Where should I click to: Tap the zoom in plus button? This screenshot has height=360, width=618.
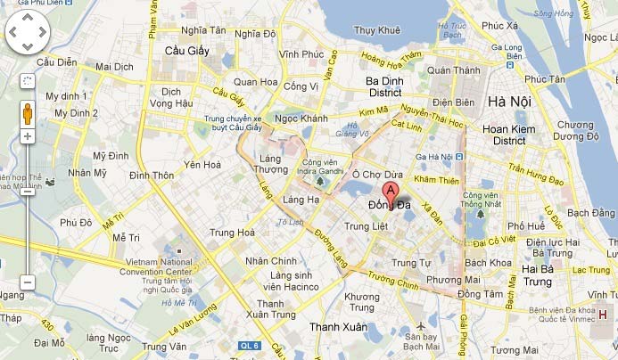click(x=28, y=136)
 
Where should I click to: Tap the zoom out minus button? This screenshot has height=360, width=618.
click(x=28, y=282)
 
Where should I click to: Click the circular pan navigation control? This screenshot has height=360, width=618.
click(x=28, y=34)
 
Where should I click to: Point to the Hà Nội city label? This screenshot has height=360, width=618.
click(x=509, y=102)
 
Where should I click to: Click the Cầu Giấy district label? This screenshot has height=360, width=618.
click(x=186, y=51)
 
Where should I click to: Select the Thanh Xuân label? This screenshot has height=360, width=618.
click(x=337, y=327)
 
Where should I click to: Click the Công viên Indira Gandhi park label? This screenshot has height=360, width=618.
click(x=324, y=167)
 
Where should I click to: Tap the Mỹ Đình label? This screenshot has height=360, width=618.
click(x=111, y=156)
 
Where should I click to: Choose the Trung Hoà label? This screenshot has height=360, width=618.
click(x=232, y=233)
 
